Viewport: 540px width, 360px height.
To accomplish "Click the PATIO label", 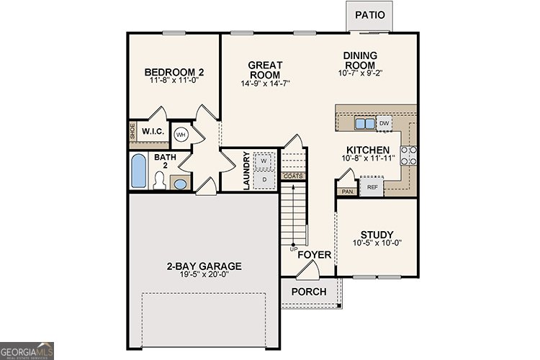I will tap(370, 14).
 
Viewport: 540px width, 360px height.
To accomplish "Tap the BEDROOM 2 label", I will tap(174, 72).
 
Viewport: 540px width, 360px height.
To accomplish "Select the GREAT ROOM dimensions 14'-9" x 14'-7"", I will tap(265, 84).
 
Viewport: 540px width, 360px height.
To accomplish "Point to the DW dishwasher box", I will tap(384, 124).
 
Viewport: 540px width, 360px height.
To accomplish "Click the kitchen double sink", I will tap(365, 124).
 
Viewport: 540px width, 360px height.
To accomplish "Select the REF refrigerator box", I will tap(372, 187).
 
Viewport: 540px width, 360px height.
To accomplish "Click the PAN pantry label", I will tap(347, 192).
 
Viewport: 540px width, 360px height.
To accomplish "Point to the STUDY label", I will tap(377, 235).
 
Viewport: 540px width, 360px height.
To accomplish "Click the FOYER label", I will tap(314, 255).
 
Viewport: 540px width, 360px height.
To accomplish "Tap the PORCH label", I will tap(308, 292).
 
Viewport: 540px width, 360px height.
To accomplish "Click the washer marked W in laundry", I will tap(264, 161).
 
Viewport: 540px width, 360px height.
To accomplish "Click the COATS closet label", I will tap(293, 176).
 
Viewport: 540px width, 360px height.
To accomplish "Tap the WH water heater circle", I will tap(181, 134).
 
